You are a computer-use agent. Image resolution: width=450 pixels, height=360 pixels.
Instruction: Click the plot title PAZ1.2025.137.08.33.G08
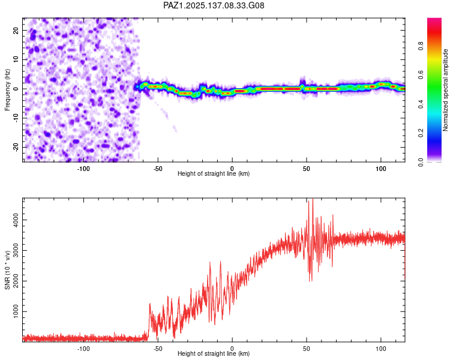214,5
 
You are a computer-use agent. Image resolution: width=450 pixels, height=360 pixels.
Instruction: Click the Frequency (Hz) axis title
7,90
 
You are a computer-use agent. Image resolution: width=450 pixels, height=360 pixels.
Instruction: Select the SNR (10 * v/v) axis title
7,270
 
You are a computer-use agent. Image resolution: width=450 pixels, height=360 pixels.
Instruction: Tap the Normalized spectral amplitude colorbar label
445,90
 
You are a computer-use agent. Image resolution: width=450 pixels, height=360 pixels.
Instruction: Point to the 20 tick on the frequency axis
16,30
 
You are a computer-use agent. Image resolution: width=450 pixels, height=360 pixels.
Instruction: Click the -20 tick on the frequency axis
16,147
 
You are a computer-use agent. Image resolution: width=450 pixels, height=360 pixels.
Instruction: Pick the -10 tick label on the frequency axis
16,118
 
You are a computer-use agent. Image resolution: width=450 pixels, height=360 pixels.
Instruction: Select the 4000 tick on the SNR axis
16,220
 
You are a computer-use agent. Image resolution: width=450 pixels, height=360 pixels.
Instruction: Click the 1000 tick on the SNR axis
16,311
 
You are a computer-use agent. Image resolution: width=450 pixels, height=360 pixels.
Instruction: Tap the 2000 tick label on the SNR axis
16,281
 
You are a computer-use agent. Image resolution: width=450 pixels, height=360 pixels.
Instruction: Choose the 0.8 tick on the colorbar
421,46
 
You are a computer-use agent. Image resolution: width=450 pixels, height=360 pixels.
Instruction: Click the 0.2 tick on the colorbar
421,133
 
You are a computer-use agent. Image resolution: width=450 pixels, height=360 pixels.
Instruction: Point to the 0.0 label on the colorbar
421,162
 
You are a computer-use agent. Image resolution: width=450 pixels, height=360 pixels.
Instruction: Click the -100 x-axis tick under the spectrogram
83,169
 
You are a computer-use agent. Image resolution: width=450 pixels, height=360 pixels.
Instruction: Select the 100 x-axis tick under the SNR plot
381,349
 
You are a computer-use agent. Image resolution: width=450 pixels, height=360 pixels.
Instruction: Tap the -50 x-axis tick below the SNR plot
158,349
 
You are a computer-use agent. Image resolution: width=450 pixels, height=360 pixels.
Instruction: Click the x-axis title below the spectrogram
214,173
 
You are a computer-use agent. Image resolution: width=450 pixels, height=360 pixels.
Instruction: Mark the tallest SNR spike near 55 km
313,199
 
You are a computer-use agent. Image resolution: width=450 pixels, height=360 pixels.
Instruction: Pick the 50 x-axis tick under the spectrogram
307,169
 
